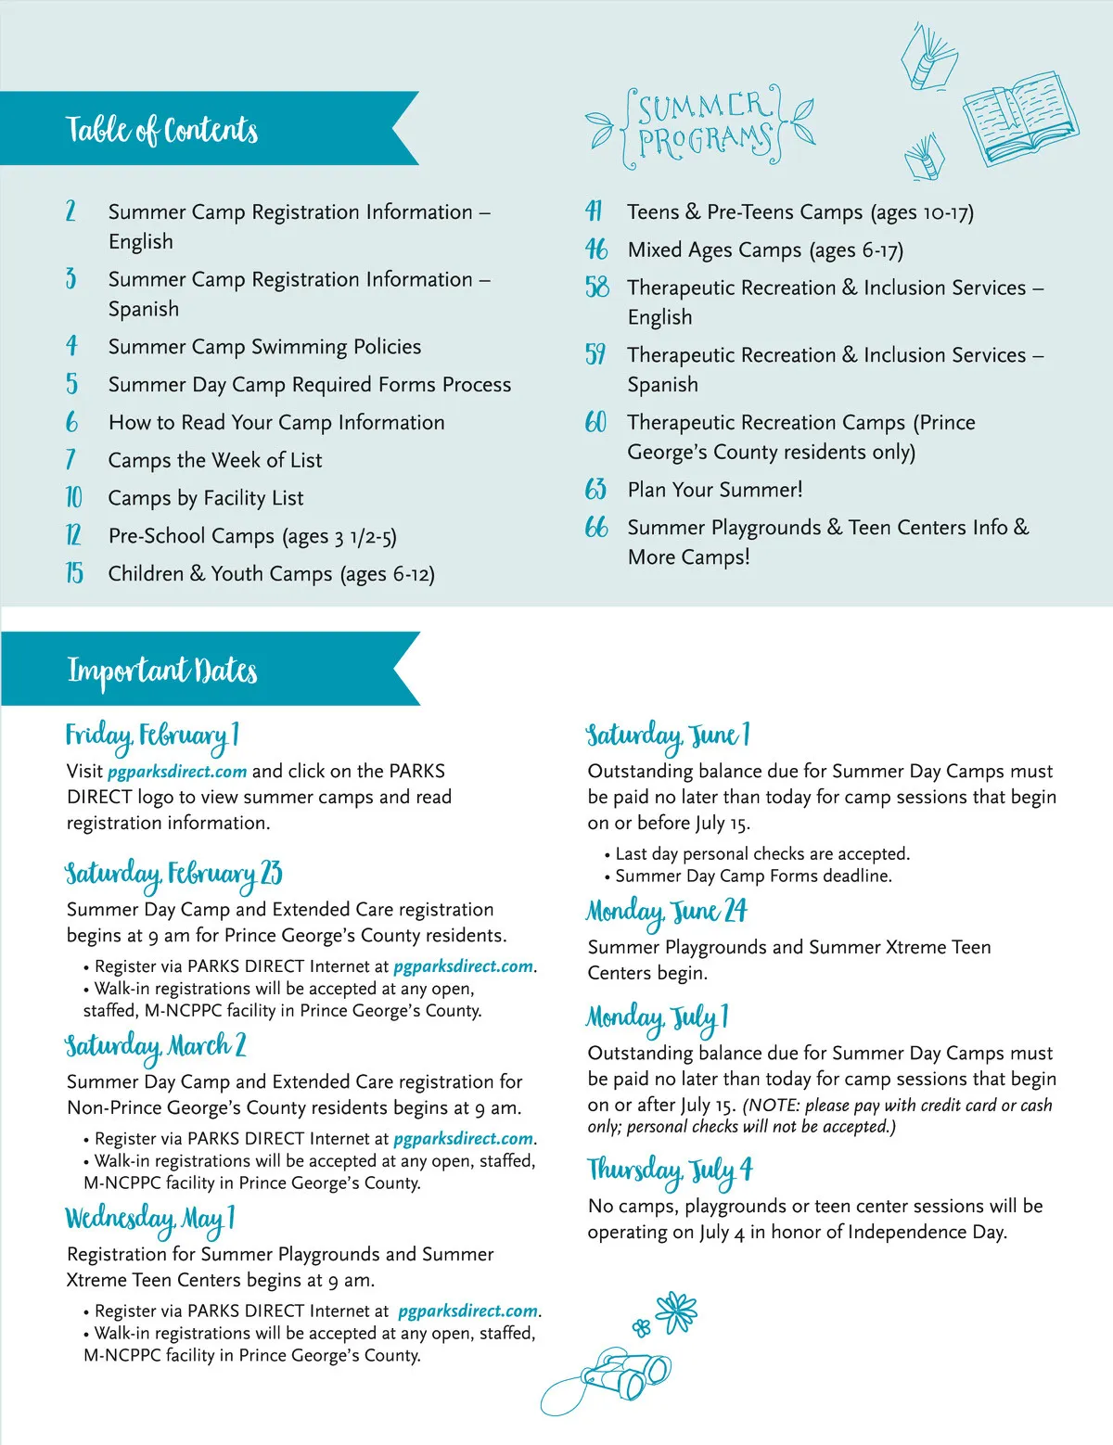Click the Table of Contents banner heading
tap(162, 130)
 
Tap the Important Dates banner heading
tap(162, 670)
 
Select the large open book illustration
tap(1019, 116)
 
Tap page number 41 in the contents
tap(594, 211)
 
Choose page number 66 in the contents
tap(596, 528)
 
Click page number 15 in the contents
tap(74, 573)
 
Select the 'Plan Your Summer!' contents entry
tap(714, 490)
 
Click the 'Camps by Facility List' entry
tap(206, 498)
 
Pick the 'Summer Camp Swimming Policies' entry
tap(264, 347)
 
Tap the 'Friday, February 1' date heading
tap(152, 736)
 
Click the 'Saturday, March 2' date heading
tap(156, 1047)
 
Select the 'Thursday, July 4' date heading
tap(670, 1170)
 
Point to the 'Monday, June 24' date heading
tap(666, 913)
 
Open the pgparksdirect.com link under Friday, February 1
tap(177, 772)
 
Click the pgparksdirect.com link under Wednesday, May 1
tap(468, 1311)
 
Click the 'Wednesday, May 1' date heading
tap(150, 1220)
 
